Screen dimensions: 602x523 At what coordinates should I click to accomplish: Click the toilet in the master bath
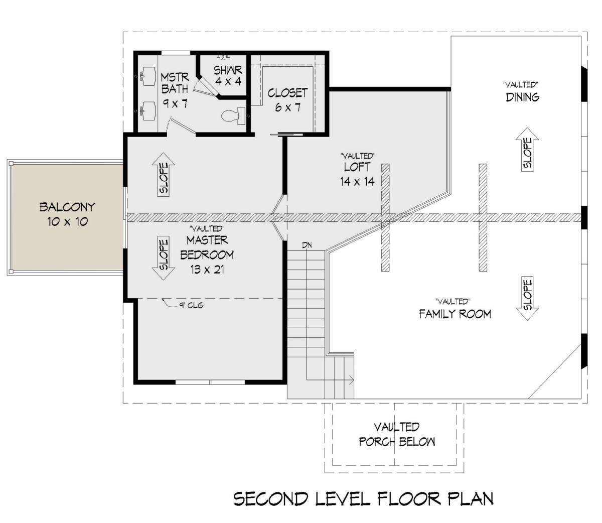point(233,115)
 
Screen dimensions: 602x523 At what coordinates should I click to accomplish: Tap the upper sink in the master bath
point(148,76)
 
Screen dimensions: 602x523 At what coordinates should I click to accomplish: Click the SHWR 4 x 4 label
point(228,75)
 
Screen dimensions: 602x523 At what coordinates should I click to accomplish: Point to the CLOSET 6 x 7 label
point(287,100)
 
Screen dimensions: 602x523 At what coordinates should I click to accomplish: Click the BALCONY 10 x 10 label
point(67,214)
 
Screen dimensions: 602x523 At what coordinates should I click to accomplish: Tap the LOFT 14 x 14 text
point(357,174)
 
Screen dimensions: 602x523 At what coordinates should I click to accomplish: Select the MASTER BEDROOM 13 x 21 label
point(207,255)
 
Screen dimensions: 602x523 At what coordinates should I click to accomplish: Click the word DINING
point(522,97)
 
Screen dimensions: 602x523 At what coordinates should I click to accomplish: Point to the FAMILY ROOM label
point(455,314)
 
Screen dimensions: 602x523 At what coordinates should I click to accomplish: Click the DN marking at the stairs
point(307,245)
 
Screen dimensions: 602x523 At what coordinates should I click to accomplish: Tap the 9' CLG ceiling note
point(191,305)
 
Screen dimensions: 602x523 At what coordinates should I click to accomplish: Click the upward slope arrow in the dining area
point(527,149)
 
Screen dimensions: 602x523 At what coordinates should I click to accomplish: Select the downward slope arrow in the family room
point(527,298)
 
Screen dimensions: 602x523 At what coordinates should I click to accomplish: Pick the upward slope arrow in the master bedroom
point(164,175)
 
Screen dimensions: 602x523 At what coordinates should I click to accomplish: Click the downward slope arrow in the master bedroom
point(164,258)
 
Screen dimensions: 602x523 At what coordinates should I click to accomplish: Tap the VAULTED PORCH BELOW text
point(397,434)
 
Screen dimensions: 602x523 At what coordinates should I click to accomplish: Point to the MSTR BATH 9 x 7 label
point(175,91)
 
